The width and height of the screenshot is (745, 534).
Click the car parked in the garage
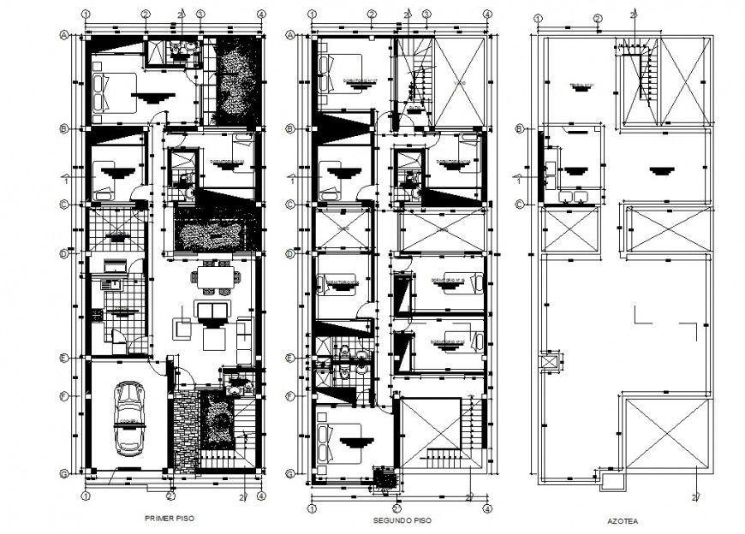coord(130,418)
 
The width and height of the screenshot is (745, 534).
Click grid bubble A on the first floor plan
coord(64,35)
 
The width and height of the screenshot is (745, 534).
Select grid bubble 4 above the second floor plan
coord(487,15)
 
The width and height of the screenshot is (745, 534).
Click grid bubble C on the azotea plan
coord(520,204)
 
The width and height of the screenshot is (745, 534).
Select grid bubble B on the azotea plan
coord(520,128)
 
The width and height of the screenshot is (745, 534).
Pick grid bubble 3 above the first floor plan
coord(200,15)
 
